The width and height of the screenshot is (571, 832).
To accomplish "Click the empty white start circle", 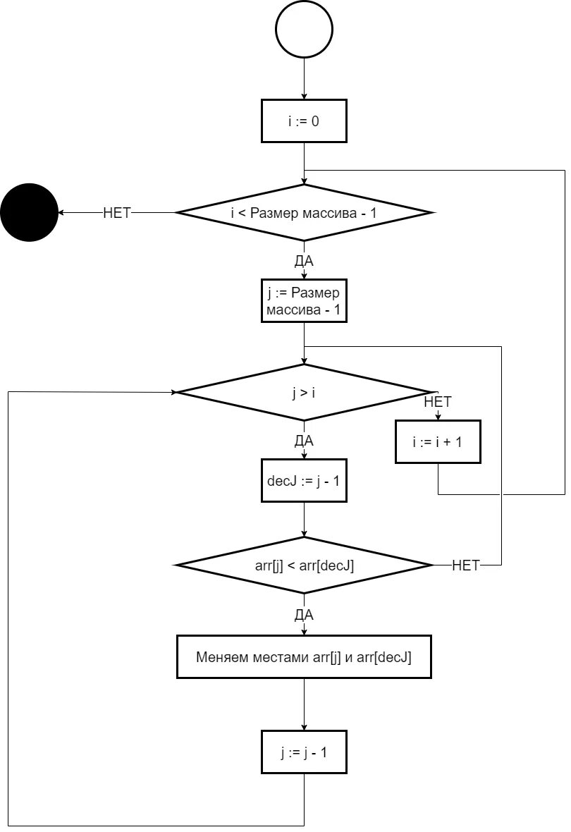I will pyautogui.click(x=304, y=30).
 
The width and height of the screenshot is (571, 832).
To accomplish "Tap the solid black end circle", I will pyautogui.click(x=29, y=212).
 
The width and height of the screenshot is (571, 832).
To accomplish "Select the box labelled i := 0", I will pyautogui.click(x=304, y=121).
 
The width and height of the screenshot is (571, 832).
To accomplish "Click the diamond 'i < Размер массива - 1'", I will pyautogui.click(x=304, y=212).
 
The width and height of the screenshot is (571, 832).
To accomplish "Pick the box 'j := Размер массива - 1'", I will pyautogui.click(x=304, y=301).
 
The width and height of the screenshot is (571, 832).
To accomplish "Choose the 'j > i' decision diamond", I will pyautogui.click(x=304, y=392).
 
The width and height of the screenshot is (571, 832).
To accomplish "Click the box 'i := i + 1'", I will pyautogui.click(x=438, y=442).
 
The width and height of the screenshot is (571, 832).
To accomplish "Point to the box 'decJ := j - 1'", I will pyautogui.click(x=304, y=482).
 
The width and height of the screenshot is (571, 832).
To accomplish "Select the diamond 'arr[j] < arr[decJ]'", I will pyautogui.click(x=304, y=565).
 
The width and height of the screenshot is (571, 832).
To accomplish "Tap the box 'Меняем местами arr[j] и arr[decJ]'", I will pyautogui.click(x=304, y=657).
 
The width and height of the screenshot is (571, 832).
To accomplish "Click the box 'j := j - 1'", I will pyautogui.click(x=304, y=752).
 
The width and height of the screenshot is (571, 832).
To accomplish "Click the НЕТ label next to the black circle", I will pyautogui.click(x=117, y=212).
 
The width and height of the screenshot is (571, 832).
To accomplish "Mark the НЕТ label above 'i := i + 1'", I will pyautogui.click(x=438, y=402).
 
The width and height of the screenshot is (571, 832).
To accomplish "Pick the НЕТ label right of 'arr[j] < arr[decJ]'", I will pyautogui.click(x=465, y=565).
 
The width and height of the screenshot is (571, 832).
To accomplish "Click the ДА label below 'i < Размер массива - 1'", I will pyautogui.click(x=304, y=261).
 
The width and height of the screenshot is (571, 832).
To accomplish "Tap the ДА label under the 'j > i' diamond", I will pyautogui.click(x=304, y=441).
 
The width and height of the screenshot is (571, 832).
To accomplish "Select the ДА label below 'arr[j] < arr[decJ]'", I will pyautogui.click(x=304, y=615).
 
